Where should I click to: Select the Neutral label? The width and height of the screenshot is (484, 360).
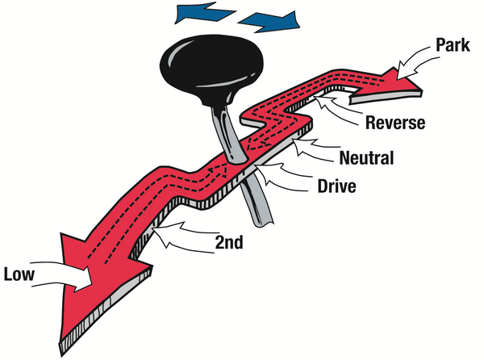tap(367, 157)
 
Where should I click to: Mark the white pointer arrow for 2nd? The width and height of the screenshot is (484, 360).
tap(179, 236)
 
